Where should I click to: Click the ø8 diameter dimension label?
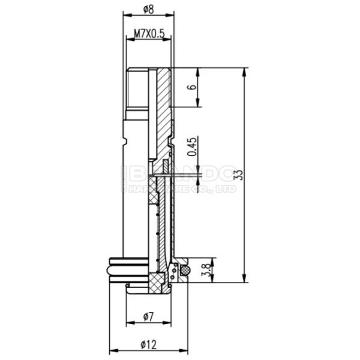[x=148, y=8]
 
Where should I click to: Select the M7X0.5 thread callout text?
[x=149, y=35]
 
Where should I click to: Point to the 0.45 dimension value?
[x=191, y=148]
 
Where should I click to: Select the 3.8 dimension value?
[x=207, y=269]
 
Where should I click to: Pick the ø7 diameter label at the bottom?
[x=148, y=316]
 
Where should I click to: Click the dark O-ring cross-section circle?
[x=185, y=271]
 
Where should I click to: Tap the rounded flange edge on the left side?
[x=111, y=268]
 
